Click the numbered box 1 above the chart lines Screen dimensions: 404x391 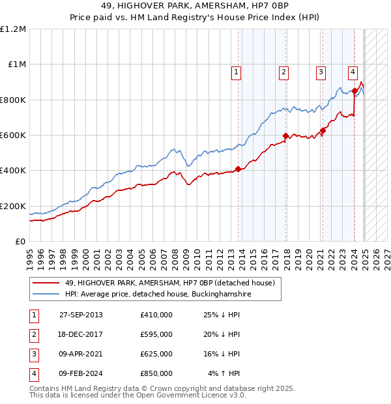235,72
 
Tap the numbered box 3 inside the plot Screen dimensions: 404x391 321,72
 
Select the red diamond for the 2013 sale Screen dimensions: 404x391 238,169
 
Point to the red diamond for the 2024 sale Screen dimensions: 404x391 354,91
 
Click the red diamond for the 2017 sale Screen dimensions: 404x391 285,136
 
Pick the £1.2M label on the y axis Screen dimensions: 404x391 13,29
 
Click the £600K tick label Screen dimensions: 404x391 13,136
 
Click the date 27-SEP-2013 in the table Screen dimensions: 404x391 81,315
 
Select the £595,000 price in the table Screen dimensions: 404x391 156,334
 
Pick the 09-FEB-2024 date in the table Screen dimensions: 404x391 81,373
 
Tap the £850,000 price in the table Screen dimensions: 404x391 156,373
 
